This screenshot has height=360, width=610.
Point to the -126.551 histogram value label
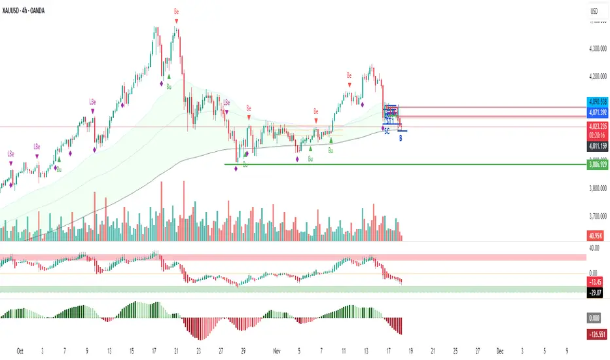[x=596, y=333]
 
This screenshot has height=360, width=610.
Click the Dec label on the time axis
[x=499, y=350]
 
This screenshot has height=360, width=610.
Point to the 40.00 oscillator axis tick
[x=594, y=247]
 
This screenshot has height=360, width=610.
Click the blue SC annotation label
[x=387, y=132]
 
